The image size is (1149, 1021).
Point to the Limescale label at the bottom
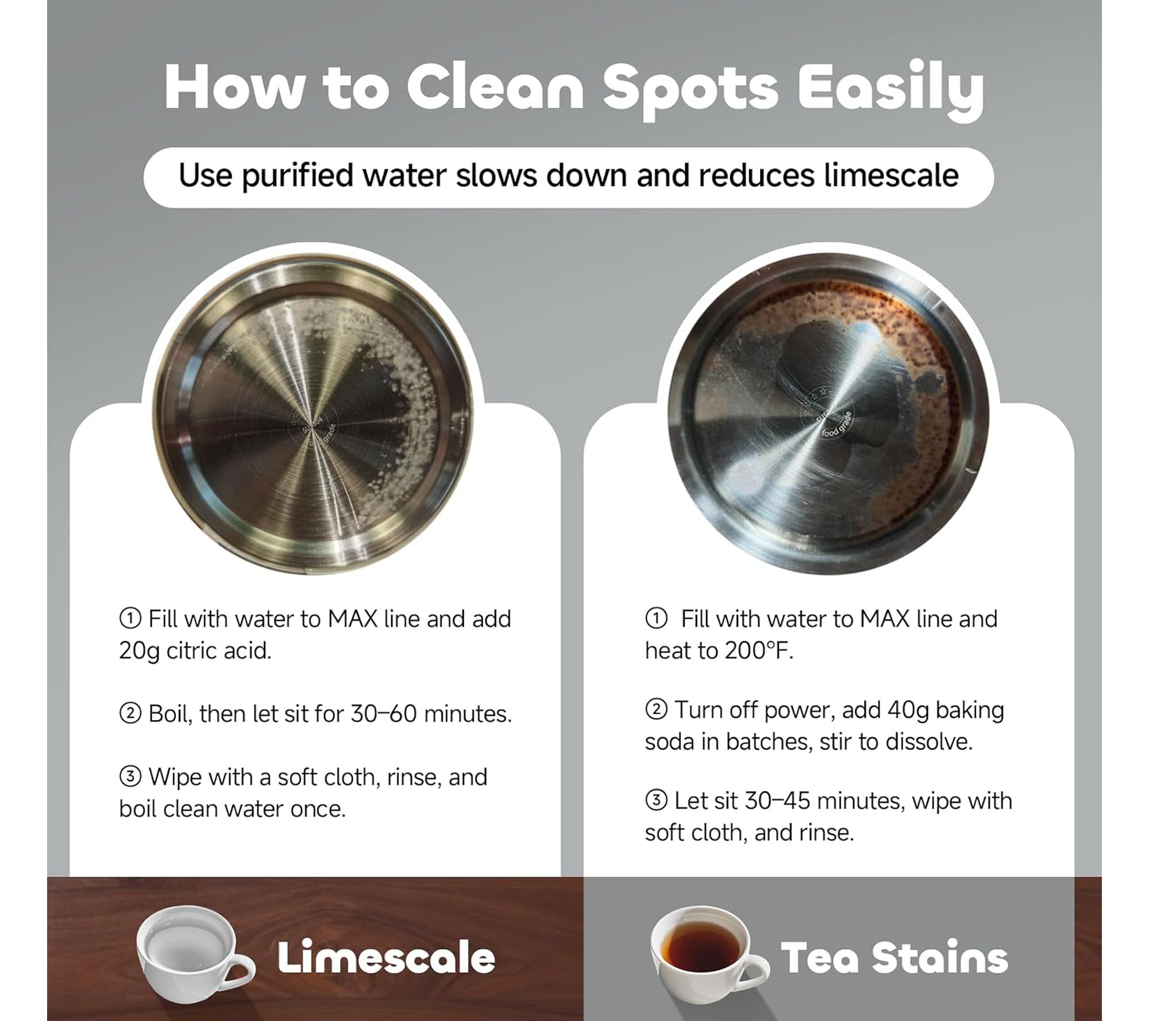click(386, 957)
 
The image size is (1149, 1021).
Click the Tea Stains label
click(894, 957)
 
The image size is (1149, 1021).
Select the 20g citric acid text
click(195, 651)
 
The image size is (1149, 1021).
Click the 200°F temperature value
click(759, 650)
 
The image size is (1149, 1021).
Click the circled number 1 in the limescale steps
click(130, 618)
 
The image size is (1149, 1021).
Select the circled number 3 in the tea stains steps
click(656, 800)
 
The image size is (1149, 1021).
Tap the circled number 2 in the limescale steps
click(130, 714)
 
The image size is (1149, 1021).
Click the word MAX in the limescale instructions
click(352, 619)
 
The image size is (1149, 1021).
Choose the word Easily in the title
click(890, 92)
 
